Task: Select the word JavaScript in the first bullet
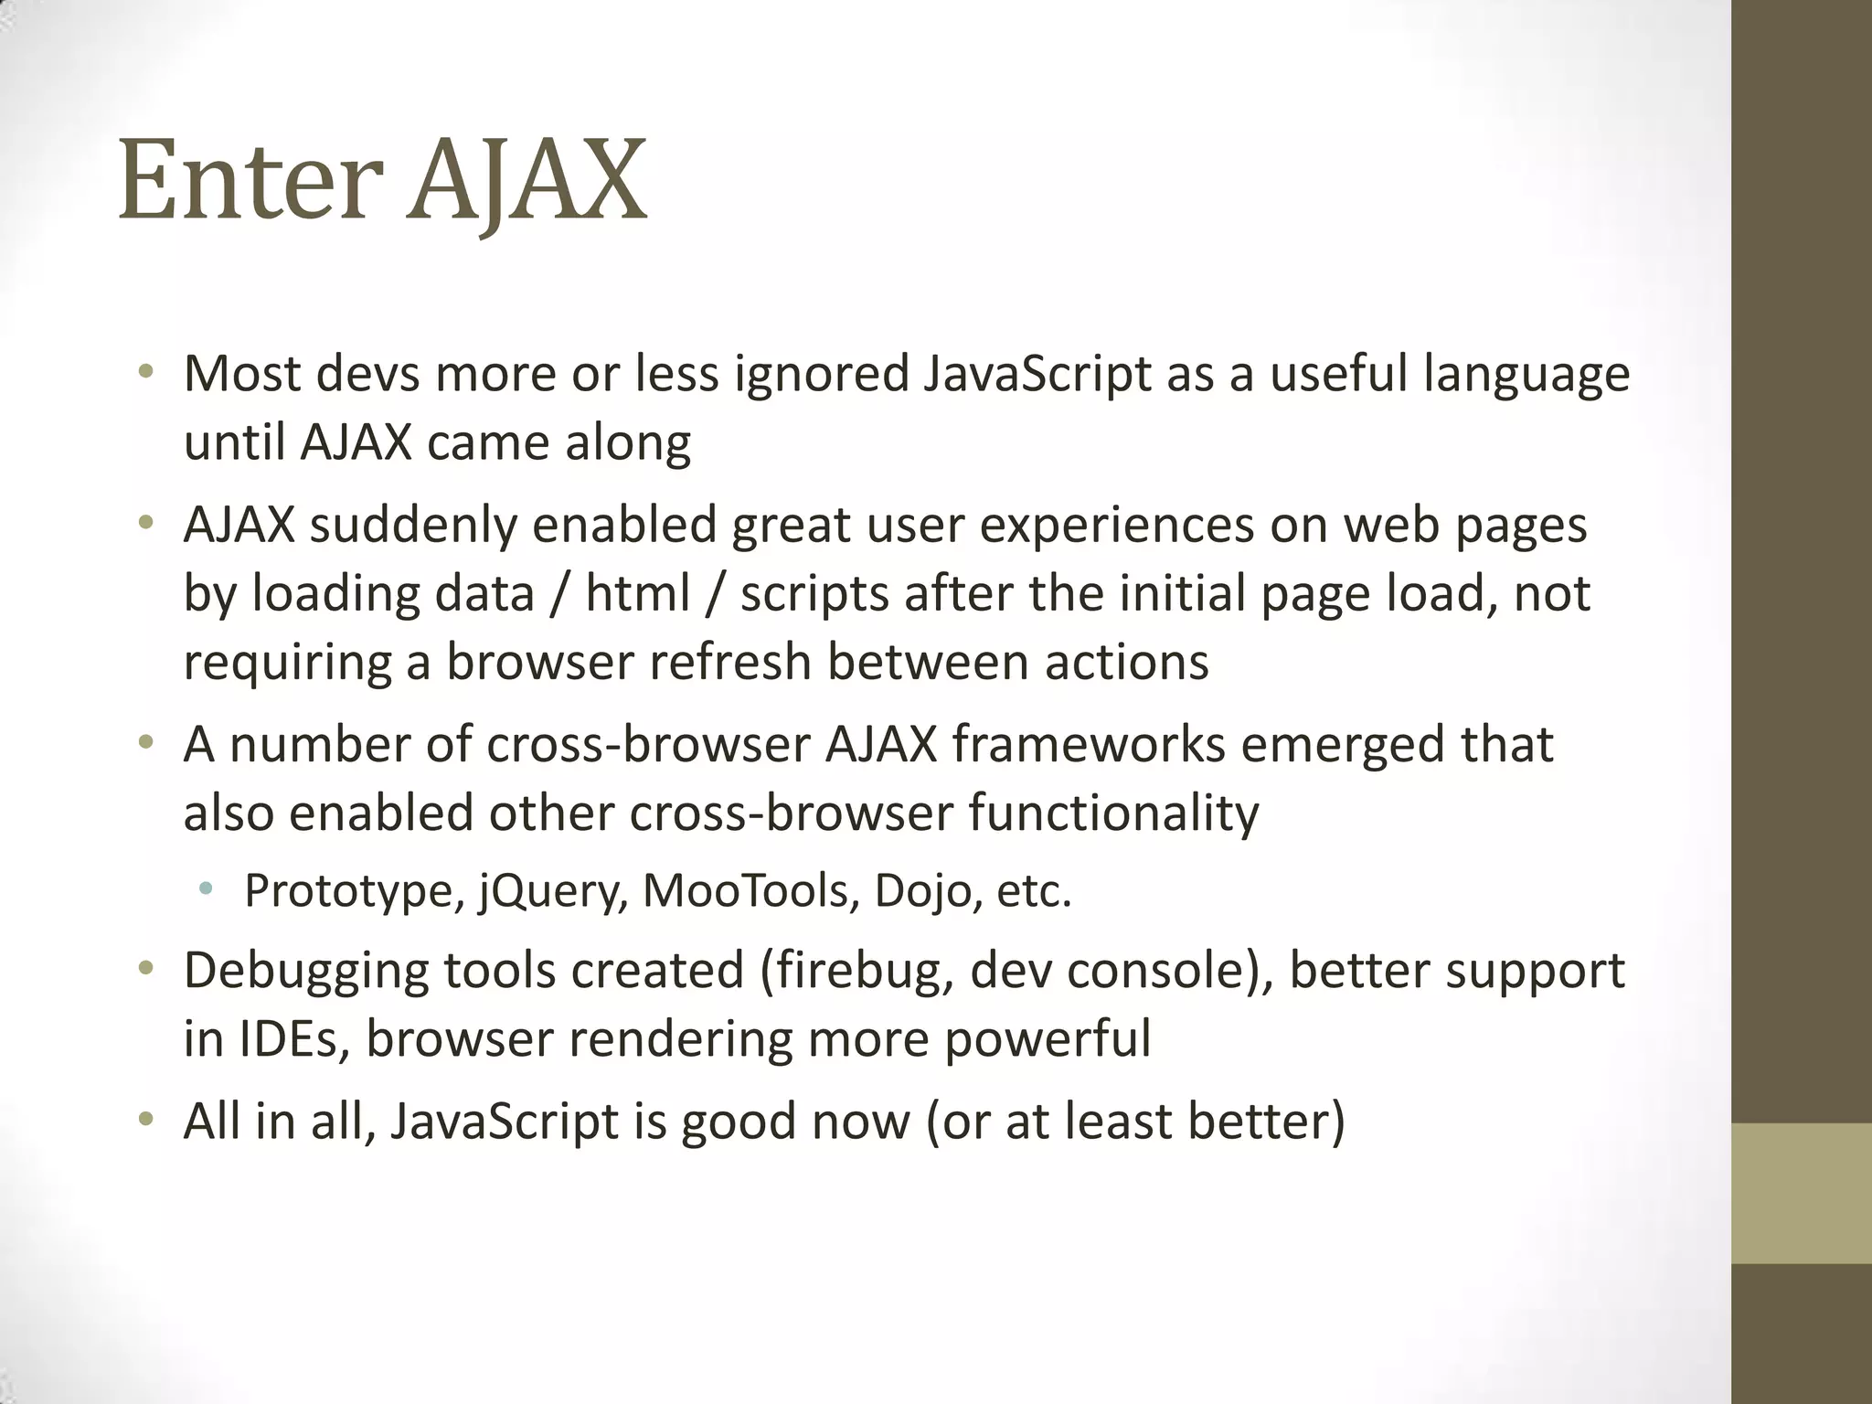(1037, 375)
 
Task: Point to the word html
(637, 594)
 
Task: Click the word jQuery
(554, 891)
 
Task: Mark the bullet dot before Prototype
(207, 888)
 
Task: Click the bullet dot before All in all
(145, 1119)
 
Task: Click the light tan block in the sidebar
(1802, 1193)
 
